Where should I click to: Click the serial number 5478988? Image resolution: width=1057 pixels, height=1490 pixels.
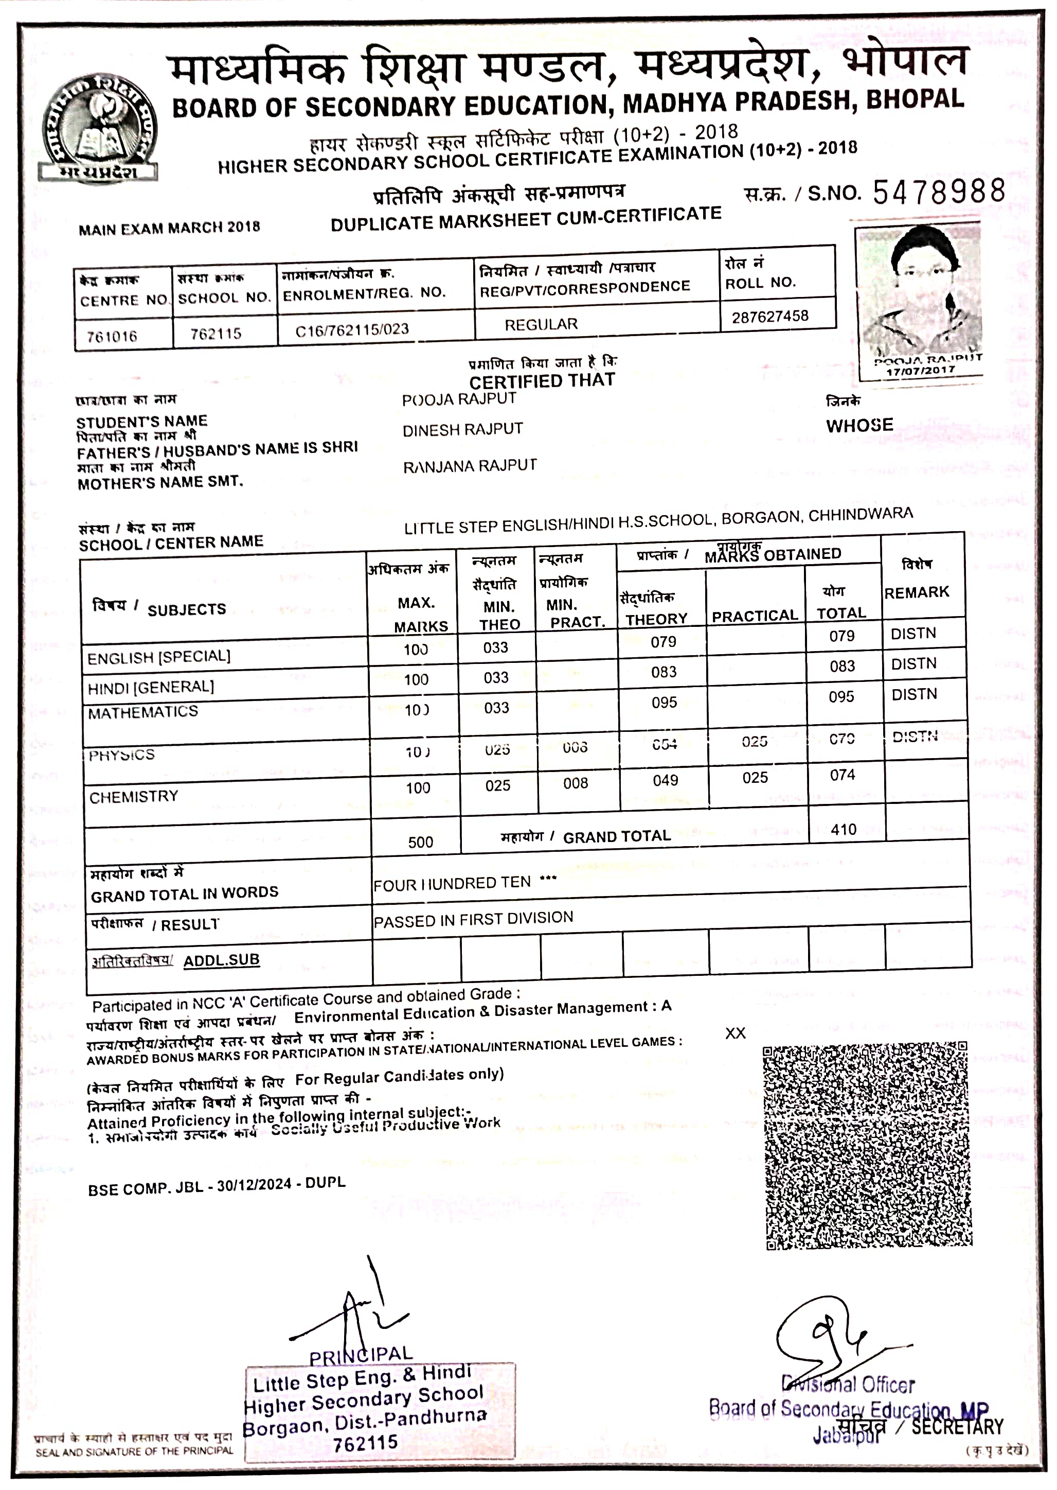939,191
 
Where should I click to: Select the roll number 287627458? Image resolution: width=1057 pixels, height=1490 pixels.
770,317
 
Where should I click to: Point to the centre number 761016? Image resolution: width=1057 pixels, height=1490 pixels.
112,336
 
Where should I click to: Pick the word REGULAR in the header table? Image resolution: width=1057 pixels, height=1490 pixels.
541,324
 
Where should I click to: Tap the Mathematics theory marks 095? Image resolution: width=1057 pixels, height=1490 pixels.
664,703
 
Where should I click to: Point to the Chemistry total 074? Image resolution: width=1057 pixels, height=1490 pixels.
842,775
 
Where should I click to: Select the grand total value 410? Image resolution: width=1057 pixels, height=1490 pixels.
844,830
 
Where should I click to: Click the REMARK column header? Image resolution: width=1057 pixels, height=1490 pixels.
917,592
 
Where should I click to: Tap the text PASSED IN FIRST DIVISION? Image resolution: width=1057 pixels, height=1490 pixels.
473,919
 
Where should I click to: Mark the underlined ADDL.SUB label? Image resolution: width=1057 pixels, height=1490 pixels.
221,960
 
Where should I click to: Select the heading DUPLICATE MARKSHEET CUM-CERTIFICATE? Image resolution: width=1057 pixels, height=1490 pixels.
526,219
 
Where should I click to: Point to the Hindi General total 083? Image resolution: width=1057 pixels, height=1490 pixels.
842,666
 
